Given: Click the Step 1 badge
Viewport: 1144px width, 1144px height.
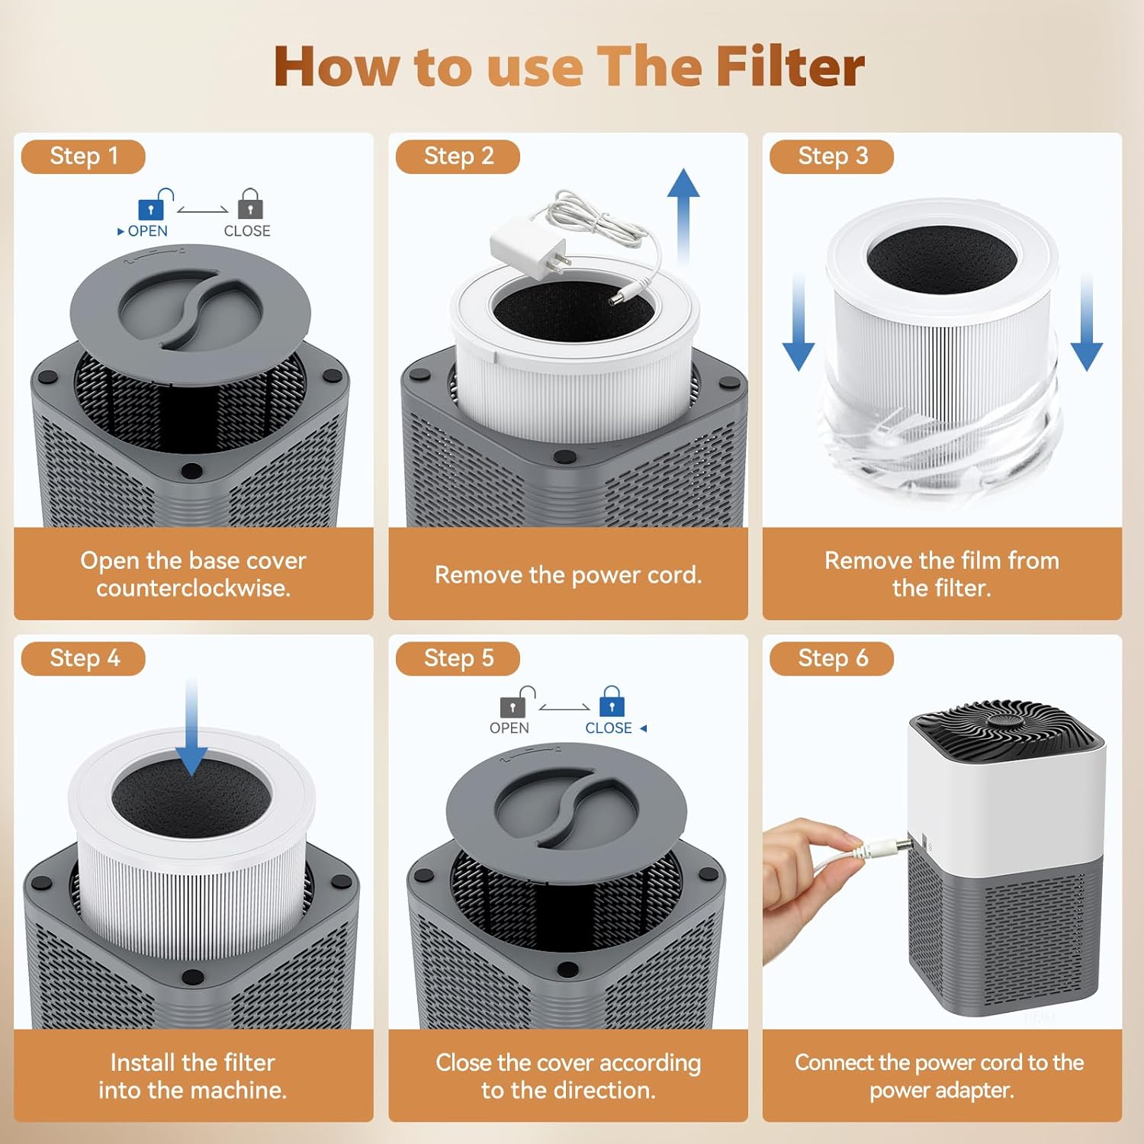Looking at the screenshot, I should [83, 156].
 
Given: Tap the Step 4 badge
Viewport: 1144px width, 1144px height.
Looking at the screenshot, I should [83, 658].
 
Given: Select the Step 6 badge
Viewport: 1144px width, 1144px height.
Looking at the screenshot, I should [832, 658].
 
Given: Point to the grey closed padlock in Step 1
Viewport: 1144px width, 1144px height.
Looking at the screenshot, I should [250, 204].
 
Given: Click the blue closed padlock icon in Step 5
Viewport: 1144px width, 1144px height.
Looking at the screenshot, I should [612, 702].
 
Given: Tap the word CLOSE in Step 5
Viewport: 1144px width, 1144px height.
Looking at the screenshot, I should [608, 728].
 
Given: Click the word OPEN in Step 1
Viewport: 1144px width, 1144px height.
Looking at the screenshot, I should [147, 231].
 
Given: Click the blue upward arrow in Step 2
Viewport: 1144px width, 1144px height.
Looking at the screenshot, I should [683, 214].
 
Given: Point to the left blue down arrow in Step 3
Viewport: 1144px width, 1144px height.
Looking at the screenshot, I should [799, 324].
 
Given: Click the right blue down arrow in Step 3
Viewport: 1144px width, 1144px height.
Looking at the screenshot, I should [1087, 324].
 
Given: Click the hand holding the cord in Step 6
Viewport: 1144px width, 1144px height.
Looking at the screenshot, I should [808, 877].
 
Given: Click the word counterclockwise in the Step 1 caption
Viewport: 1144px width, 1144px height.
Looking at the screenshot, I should [193, 589].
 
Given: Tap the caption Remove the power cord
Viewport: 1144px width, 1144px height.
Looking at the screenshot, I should [568, 574].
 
